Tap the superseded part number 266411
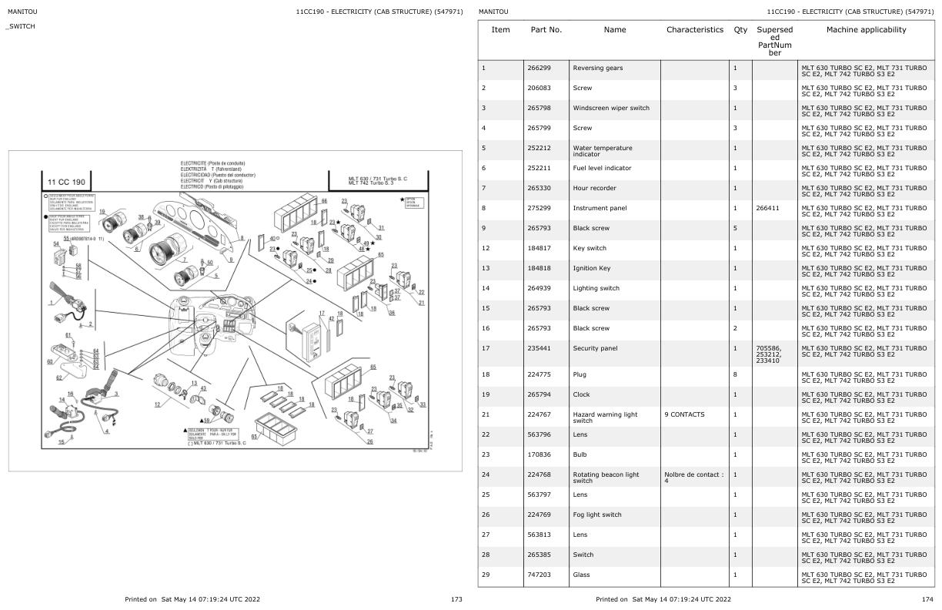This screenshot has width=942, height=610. (x=769, y=208)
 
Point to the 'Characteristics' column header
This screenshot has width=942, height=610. (x=695, y=30)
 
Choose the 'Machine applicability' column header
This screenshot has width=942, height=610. (x=866, y=30)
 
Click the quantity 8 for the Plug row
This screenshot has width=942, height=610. (x=735, y=374)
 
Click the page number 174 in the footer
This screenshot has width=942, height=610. (x=928, y=598)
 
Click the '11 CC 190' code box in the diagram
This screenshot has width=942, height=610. (x=66, y=183)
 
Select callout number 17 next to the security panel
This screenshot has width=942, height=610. (x=322, y=313)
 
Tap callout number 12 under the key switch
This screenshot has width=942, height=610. (x=158, y=404)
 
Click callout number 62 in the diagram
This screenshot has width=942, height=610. (x=58, y=377)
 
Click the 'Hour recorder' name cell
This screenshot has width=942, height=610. (x=594, y=188)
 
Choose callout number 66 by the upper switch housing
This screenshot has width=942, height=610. (x=324, y=200)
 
